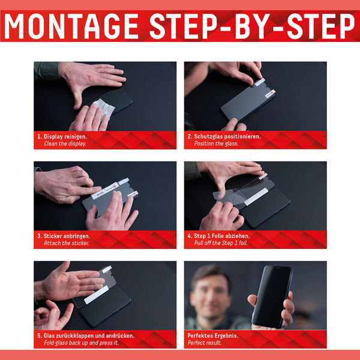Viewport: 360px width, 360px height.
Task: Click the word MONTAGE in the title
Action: [x=71, y=26]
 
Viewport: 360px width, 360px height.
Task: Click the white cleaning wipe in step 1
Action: [x=103, y=107]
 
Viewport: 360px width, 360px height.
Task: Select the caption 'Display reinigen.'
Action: [x=65, y=137]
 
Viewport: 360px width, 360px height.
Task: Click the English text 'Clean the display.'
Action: [x=65, y=144]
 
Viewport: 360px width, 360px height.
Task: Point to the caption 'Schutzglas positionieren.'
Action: [x=227, y=137]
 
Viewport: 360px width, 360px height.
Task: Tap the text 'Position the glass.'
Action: [x=216, y=144]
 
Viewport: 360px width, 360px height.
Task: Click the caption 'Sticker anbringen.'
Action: [x=67, y=236]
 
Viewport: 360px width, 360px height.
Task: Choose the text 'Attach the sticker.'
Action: [x=67, y=243]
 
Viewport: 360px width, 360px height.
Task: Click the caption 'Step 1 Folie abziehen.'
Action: [x=222, y=236]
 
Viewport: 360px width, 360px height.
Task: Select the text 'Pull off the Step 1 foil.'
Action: [x=221, y=243]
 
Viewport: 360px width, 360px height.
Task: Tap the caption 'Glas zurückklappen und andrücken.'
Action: [x=89, y=335]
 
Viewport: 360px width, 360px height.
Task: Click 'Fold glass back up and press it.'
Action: [x=82, y=343]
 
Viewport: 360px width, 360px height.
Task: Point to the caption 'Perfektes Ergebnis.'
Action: [x=213, y=335]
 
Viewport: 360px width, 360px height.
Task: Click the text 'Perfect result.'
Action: [x=205, y=343]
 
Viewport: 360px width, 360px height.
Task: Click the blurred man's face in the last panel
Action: [x=209, y=295]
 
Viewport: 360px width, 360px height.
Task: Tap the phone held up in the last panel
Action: [x=272, y=296]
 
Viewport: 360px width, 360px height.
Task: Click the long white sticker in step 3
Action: [x=104, y=191]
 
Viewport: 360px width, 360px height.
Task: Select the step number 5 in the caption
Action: [x=39, y=335]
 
